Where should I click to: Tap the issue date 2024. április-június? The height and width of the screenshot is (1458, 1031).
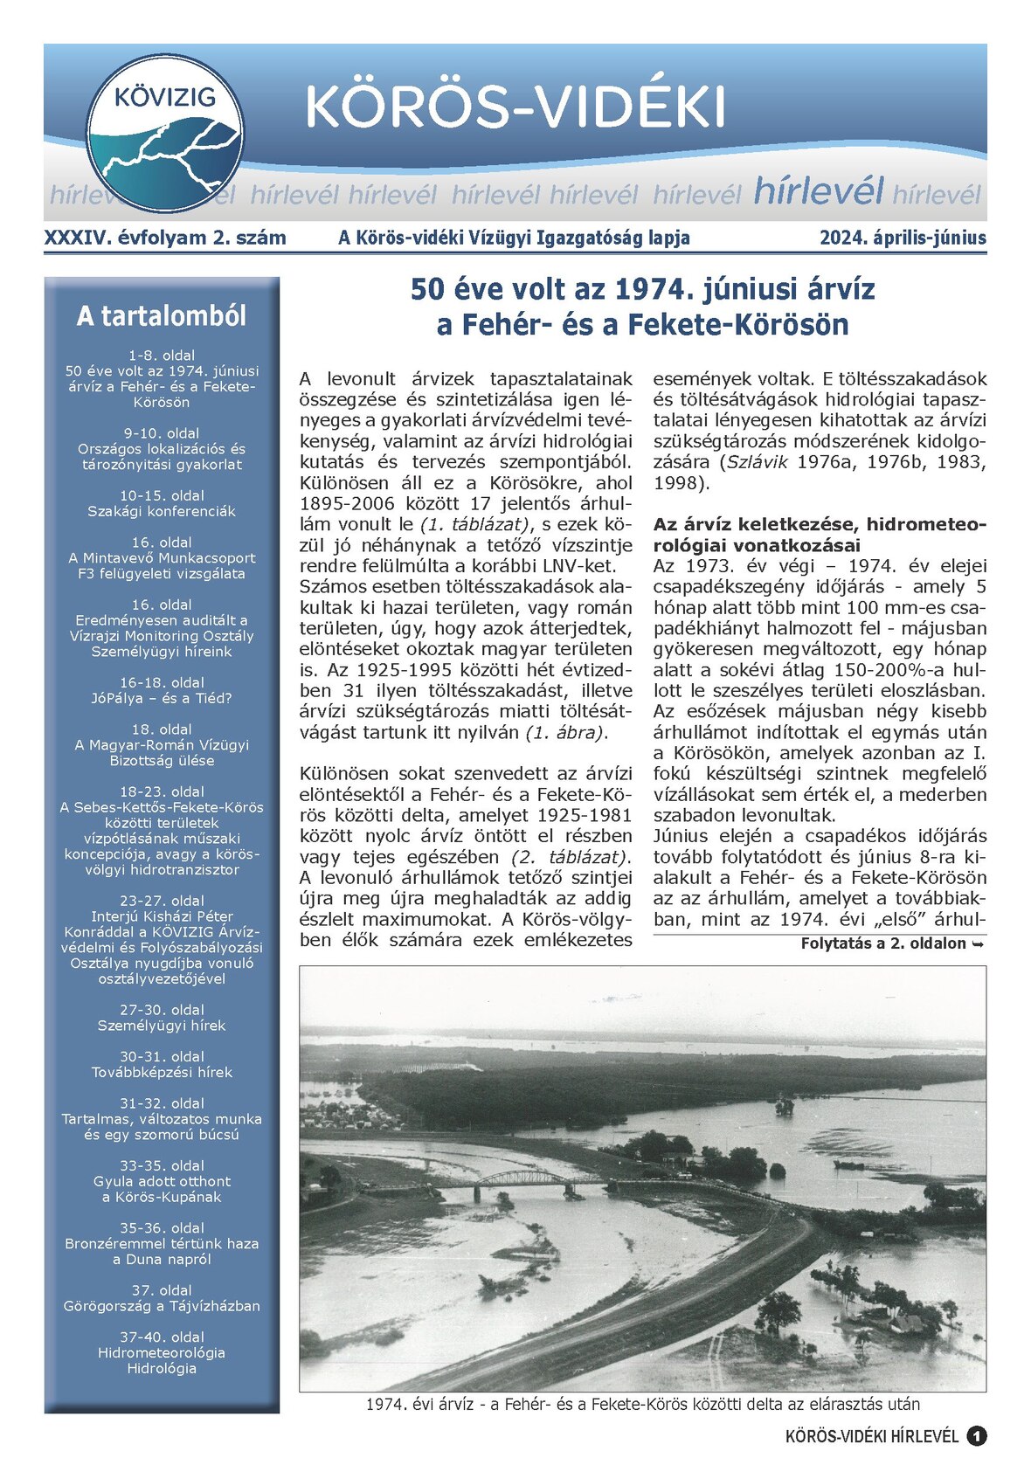pos(903,238)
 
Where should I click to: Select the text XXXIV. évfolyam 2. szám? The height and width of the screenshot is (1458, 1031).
pos(165,238)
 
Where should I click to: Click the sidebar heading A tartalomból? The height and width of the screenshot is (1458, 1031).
pos(162,315)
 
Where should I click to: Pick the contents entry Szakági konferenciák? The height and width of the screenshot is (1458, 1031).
pos(162,511)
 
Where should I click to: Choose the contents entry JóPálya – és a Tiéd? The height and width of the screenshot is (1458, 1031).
pos(162,698)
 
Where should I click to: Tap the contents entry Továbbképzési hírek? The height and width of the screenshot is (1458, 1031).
pos(162,1072)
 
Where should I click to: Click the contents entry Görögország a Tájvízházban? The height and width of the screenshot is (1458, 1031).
pos(162,1306)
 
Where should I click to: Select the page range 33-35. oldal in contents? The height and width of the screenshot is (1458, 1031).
pos(162,1165)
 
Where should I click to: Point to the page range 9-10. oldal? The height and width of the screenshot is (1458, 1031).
pos(162,433)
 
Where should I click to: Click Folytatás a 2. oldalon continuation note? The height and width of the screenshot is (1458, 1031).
pos(892,943)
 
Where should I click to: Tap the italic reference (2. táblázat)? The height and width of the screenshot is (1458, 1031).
pos(571,857)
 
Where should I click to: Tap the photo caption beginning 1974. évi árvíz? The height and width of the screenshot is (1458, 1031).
pos(642,1405)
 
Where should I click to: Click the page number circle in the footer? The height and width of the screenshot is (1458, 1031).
pos(976,1436)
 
